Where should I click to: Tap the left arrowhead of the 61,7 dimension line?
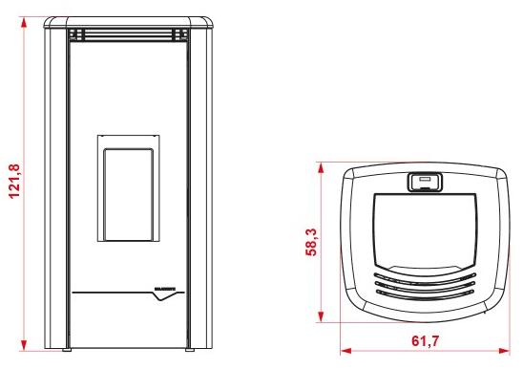344,350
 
